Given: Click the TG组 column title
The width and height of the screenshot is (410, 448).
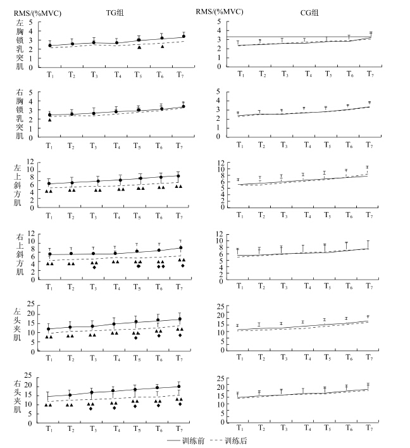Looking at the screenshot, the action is [115, 13].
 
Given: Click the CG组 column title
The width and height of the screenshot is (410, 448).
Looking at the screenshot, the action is [309, 13].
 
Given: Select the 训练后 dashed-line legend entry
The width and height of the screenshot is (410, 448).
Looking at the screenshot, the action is [228, 440].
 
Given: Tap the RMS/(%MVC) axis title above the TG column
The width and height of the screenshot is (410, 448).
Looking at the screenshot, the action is [37, 13].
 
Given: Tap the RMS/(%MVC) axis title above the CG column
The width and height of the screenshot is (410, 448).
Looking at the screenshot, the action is [220, 12].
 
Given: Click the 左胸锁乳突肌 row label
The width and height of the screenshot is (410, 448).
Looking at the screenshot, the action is [20, 44].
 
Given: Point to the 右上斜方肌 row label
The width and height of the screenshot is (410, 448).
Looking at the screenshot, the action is [20, 254].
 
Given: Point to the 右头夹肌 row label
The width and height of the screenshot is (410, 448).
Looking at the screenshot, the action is [17, 396].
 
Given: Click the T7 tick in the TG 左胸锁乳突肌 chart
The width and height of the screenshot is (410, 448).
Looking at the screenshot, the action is [180, 75].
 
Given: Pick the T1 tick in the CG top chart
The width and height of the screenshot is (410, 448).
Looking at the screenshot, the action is [241, 74].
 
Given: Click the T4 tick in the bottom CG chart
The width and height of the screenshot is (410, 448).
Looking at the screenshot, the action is [307, 428].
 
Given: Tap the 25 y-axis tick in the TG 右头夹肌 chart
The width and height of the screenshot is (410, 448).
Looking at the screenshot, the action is [28, 375].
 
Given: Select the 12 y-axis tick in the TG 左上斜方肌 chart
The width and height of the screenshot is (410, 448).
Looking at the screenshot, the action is [30, 162].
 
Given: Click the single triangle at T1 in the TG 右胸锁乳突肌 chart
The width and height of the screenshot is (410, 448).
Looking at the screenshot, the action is [50, 120].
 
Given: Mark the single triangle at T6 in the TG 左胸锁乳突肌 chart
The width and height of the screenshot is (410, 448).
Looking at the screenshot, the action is [162, 46].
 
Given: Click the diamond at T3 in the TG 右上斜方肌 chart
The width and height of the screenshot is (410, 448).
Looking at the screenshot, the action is [94, 268].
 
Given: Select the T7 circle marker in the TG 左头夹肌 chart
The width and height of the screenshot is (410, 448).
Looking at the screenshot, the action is [180, 319].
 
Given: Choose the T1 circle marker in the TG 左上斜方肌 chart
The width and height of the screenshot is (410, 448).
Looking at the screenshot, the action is [49, 184].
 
